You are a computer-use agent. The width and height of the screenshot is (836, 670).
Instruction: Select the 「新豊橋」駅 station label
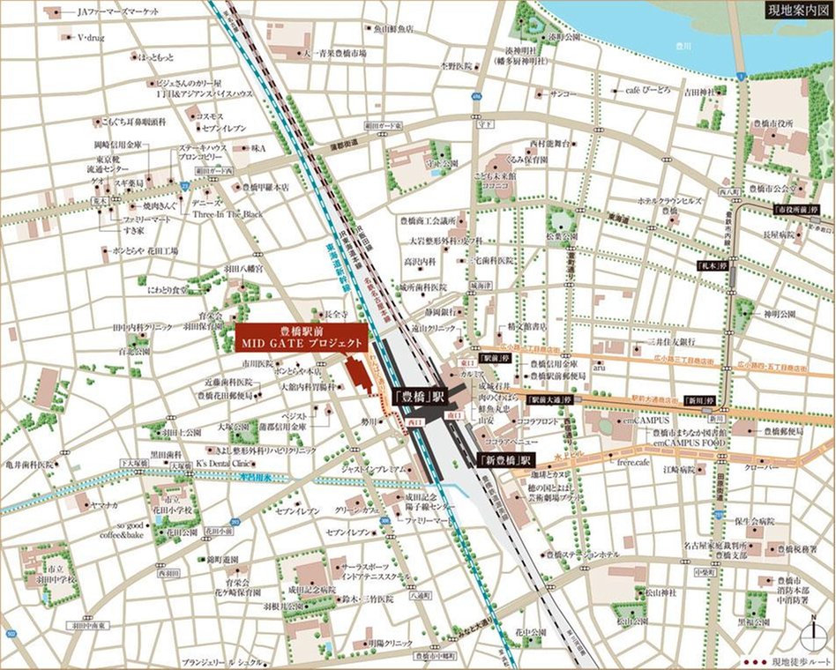[x=505, y=460]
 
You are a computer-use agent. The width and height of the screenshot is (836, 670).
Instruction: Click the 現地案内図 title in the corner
[x=796, y=11]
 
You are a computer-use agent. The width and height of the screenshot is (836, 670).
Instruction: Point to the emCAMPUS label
[x=649, y=422]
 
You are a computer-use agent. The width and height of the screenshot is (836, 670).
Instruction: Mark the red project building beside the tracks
[x=358, y=373]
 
